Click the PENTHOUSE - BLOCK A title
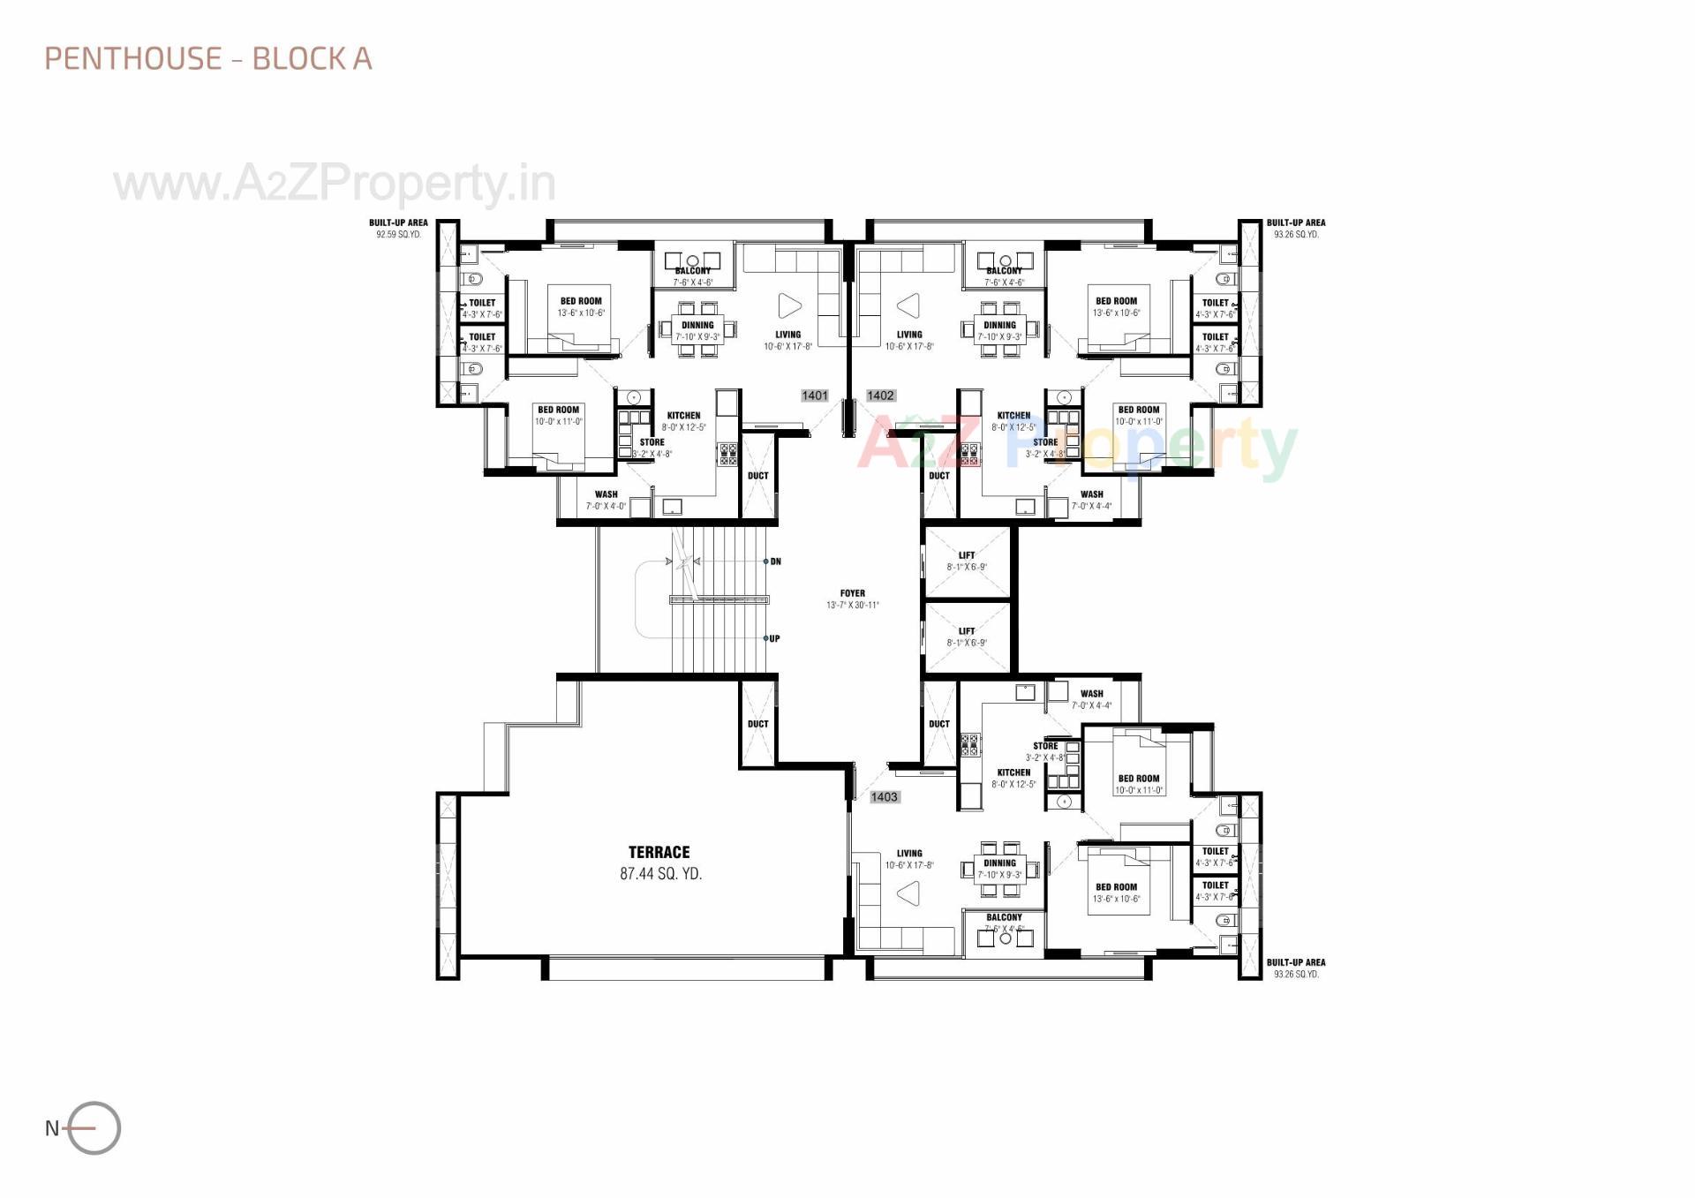pos(208,58)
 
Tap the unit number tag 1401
pos(814,396)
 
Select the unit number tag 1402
pos(880,396)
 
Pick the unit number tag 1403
pos(884,796)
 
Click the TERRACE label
pos(659,852)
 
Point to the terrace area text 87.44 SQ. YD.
pos(660,874)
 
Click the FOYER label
pos(852,593)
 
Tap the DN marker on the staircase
pos(775,561)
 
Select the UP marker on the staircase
pos(774,638)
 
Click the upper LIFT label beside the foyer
pos(967,555)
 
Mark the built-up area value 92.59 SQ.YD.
pos(398,235)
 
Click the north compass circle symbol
pos(94,1127)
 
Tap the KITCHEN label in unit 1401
pos(683,415)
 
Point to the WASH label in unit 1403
pos(1091,694)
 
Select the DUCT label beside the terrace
pos(757,724)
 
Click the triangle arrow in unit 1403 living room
pos(908,893)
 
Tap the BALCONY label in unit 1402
pos(1004,271)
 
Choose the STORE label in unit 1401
pos(652,442)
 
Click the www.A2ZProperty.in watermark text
pos(335,184)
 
